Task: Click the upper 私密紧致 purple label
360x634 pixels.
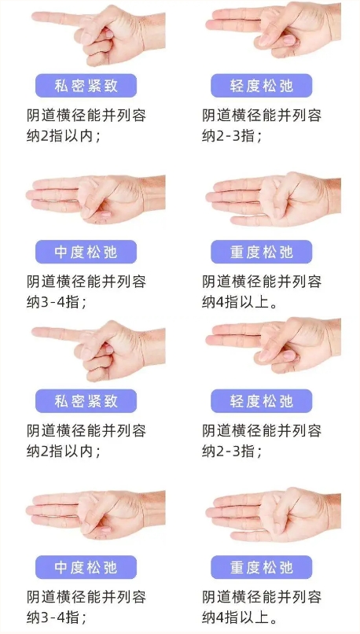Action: click(86, 86)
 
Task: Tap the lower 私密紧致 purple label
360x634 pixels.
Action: click(86, 401)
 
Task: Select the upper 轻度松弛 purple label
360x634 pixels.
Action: click(262, 86)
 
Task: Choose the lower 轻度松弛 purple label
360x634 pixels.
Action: click(262, 401)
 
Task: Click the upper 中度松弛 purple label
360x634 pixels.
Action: click(86, 252)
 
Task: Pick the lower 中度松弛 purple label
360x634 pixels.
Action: click(86, 567)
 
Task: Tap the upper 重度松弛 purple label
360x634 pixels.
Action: click(262, 252)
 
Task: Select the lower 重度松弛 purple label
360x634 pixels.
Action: click(262, 567)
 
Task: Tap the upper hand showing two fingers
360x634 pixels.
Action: click(273, 31)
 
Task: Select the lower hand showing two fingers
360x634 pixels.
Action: click(273, 345)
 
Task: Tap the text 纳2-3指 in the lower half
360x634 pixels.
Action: click(232, 451)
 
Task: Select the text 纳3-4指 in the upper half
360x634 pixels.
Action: click(57, 301)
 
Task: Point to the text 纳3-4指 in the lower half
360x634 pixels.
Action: click(57, 617)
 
